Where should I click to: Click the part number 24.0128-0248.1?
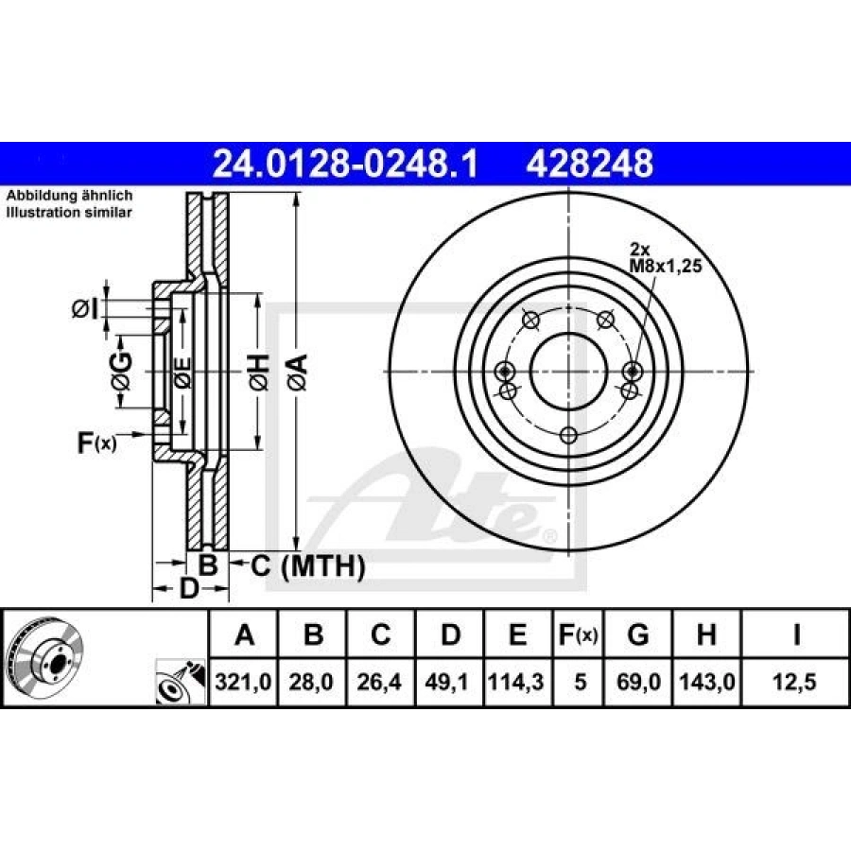[x=345, y=164]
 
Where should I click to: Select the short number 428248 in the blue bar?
[x=589, y=164]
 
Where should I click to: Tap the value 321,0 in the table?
[x=243, y=682]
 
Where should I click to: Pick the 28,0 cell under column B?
[x=311, y=682]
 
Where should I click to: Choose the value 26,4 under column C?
[x=379, y=682]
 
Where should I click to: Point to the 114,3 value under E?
[x=516, y=682]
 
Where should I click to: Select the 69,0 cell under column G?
[x=639, y=682]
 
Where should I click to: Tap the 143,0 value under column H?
[x=707, y=682]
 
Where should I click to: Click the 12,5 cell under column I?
[x=794, y=682]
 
